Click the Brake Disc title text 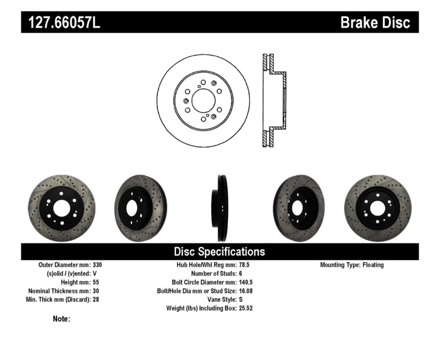pyautogui.click(x=376, y=23)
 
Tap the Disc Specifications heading pyautogui.click(x=219, y=252)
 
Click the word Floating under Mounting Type pyautogui.click(x=373, y=265)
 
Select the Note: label pyautogui.click(x=61, y=319)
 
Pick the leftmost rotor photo pyautogui.click(x=61, y=208)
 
